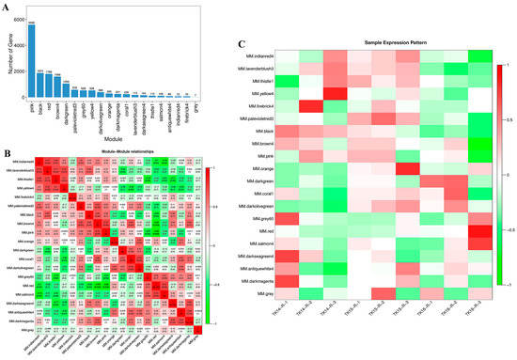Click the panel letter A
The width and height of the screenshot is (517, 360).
point(6,6)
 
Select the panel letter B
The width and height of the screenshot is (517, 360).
point(6,152)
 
